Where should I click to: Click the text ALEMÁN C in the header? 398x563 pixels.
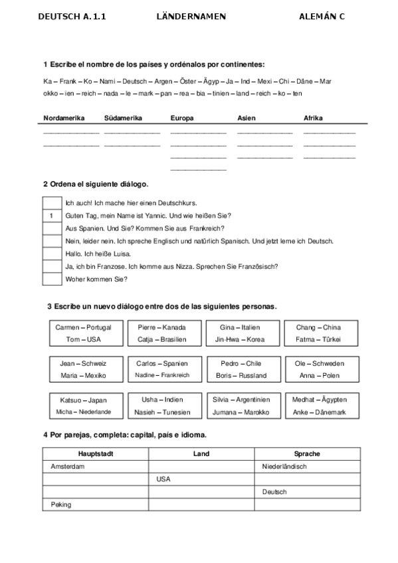(x=322, y=17)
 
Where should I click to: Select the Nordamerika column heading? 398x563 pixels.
(x=64, y=118)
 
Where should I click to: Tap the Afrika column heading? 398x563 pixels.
(x=313, y=118)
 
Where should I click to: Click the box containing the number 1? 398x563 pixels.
(x=52, y=216)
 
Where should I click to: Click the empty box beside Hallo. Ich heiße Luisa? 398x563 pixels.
(x=52, y=254)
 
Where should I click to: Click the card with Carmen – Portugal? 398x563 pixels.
(x=84, y=333)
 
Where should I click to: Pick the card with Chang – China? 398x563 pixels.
(x=318, y=333)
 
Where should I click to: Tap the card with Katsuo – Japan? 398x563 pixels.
(x=84, y=406)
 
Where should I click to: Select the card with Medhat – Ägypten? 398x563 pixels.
(x=319, y=406)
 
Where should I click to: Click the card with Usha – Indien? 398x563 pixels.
(x=163, y=406)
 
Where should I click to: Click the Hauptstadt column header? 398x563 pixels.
(x=96, y=454)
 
